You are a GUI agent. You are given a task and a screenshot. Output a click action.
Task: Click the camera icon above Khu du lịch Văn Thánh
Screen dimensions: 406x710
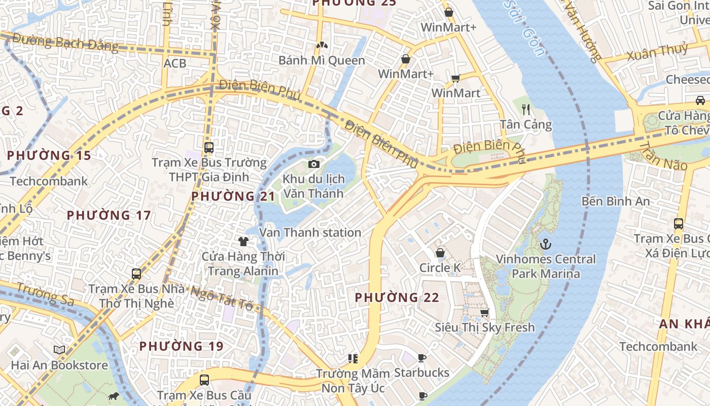click(x=314, y=164)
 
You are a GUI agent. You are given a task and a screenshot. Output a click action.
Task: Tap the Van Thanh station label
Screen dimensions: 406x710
click(x=310, y=232)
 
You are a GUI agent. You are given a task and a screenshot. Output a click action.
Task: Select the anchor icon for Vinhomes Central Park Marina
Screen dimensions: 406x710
click(x=546, y=244)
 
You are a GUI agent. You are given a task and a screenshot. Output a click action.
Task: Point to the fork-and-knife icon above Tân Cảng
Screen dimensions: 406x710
click(x=526, y=109)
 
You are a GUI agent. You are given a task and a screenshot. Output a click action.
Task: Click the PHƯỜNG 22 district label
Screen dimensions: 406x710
click(x=397, y=297)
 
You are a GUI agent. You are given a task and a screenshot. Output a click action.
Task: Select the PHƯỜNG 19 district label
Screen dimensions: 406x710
click(x=181, y=346)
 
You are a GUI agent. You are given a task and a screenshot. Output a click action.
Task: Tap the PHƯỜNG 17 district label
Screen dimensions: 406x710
click(x=109, y=215)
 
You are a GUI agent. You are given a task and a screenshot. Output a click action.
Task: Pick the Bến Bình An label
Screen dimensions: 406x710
click(x=615, y=201)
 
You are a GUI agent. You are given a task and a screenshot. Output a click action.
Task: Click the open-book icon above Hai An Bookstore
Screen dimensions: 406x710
click(x=59, y=350)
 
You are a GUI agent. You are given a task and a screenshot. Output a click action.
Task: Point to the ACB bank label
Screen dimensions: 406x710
click(x=174, y=63)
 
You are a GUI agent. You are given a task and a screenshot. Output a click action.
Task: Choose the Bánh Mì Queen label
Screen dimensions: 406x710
click(x=322, y=60)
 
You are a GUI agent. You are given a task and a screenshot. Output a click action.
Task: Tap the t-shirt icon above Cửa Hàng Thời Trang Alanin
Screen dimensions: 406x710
click(x=243, y=241)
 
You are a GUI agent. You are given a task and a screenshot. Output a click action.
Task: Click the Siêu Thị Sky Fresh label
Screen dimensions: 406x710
click(x=484, y=327)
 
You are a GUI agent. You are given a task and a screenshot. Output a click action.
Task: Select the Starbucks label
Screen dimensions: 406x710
click(x=421, y=373)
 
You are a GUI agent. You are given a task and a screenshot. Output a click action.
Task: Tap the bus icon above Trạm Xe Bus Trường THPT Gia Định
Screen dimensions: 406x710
click(x=208, y=148)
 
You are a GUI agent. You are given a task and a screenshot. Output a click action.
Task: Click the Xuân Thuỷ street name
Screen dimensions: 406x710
click(x=657, y=52)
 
